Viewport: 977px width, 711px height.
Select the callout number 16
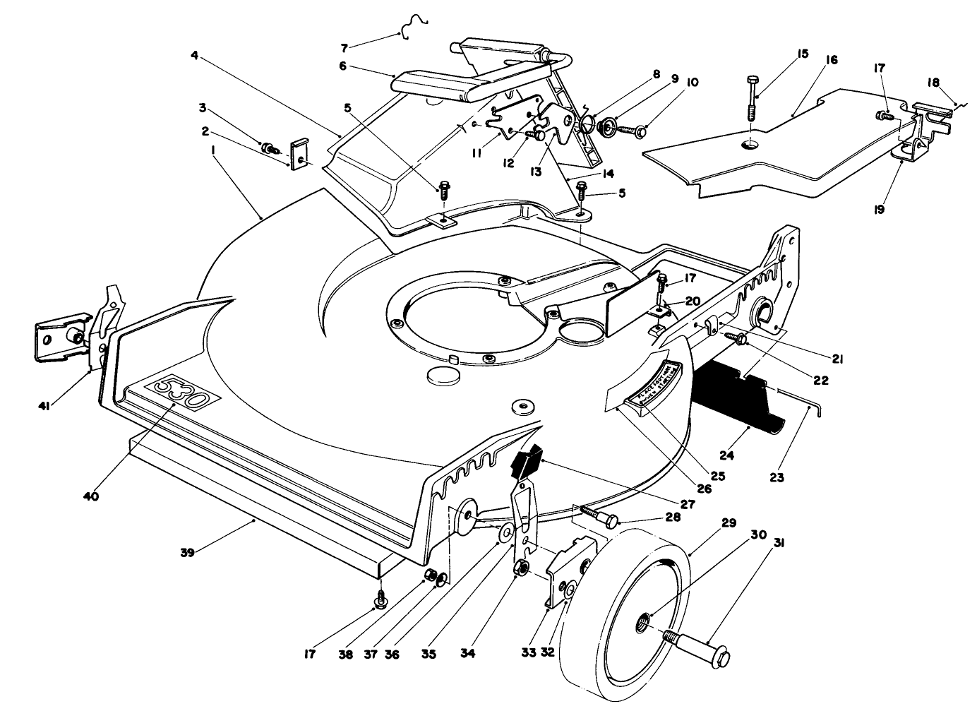click(829, 61)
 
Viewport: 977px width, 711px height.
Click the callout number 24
click(726, 455)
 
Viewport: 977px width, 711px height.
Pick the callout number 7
click(344, 48)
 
